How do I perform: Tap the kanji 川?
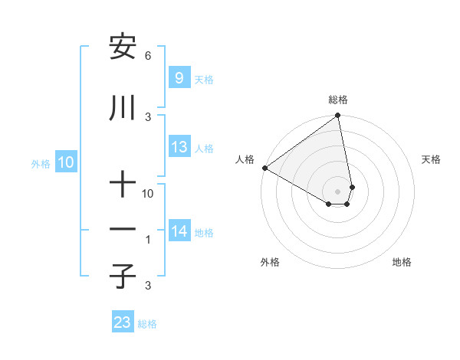point(123,108)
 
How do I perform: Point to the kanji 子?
point(123,276)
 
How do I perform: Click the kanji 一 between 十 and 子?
point(123,230)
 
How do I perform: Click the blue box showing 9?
point(179,78)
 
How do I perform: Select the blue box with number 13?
point(179,147)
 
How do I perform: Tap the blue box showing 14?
point(179,231)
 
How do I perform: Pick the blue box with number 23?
point(123,322)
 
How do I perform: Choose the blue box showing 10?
point(66,162)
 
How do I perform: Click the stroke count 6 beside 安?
point(148,56)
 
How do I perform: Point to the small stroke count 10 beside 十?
point(148,194)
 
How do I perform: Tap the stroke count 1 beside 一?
point(148,240)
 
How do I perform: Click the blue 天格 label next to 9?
point(204,80)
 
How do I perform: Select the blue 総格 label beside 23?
point(147,324)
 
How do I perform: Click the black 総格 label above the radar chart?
point(338,100)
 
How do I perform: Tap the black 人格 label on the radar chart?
point(245,159)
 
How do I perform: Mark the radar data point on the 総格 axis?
point(338,116)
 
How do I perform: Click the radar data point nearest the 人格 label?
point(264,168)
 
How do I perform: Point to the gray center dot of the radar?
point(338,191)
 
